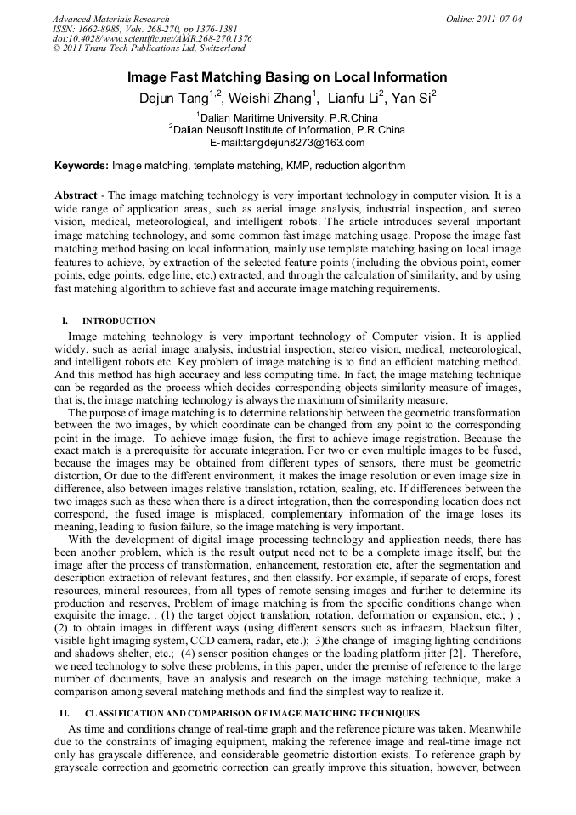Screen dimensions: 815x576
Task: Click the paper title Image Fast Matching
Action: (x=287, y=76)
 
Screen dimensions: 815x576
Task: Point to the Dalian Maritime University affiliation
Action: (x=289, y=117)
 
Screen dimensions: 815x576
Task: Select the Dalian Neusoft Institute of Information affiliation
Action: (x=289, y=130)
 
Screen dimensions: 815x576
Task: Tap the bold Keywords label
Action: (x=82, y=165)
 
